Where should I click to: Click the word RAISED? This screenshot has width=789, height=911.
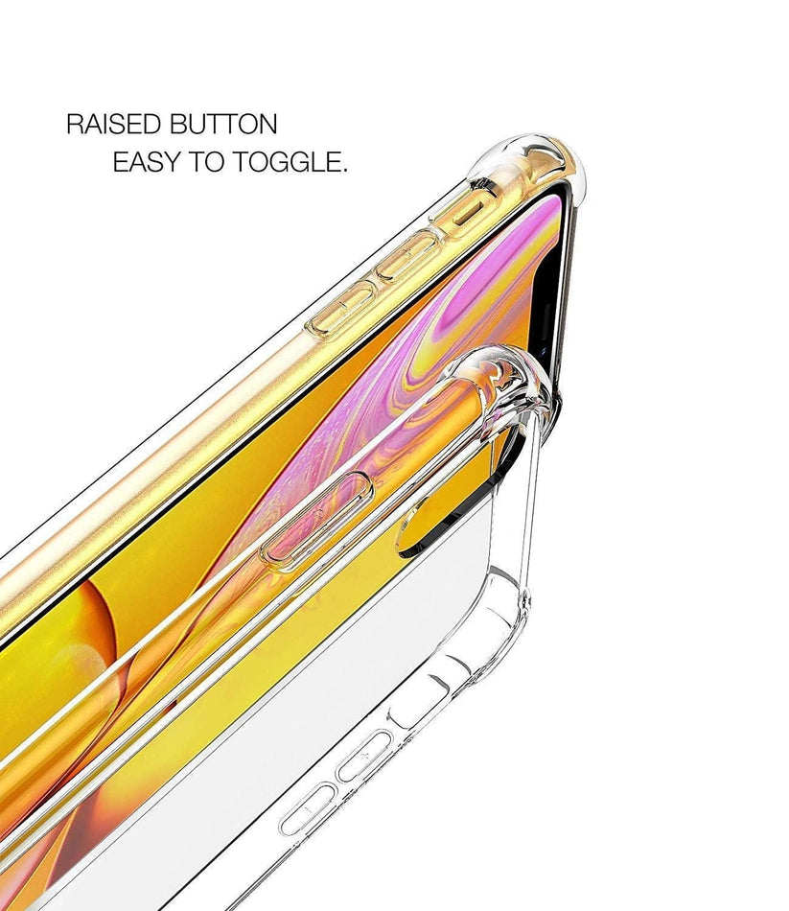[x=114, y=125]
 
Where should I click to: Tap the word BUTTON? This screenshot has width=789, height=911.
[x=223, y=125]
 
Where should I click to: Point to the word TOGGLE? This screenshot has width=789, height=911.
[x=285, y=161]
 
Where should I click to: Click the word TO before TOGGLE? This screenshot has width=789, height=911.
[x=206, y=161]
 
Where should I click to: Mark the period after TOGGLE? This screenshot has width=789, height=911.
[x=344, y=171]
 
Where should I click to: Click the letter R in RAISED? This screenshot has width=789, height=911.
[x=75, y=125]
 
